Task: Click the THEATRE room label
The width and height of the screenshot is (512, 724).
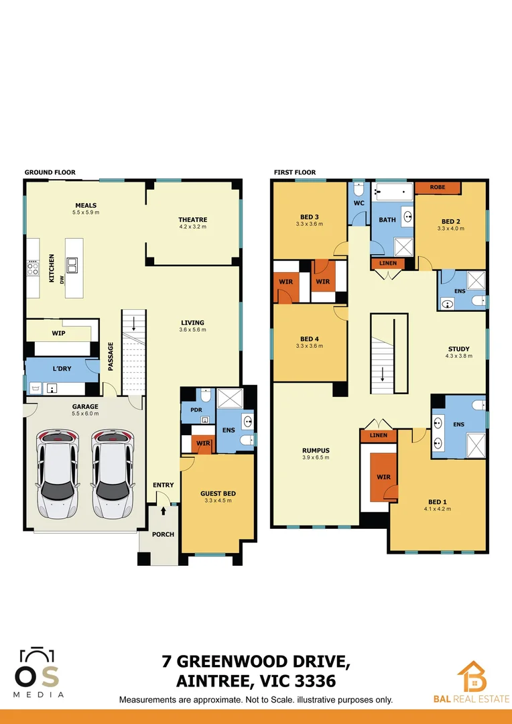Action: pos(192,220)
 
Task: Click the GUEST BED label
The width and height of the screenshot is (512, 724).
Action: pos(218,493)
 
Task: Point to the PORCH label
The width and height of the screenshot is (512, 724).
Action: pos(163,534)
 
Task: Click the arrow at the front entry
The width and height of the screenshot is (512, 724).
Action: pos(163,510)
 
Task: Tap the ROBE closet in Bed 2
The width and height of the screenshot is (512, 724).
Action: pos(438,188)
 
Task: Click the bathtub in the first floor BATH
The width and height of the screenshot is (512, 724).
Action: pos(391,192)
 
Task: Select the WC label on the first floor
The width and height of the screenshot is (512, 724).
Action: pos(359,202)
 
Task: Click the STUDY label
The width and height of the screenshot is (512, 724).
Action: pos(458,349)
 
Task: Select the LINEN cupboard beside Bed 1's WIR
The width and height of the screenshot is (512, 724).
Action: pos(378,436)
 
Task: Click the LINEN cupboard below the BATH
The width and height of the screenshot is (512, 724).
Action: pos(387,263)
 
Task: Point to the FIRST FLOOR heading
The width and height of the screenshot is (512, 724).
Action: pos(295,172)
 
